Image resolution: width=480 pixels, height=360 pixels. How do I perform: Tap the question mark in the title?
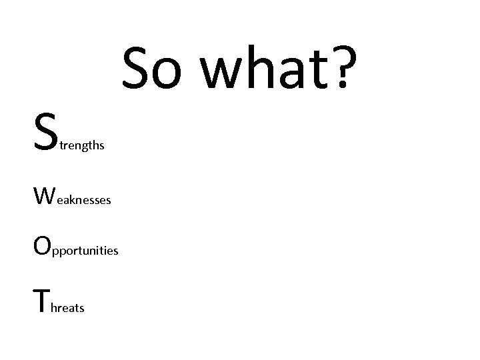click(x=342, y=68)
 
